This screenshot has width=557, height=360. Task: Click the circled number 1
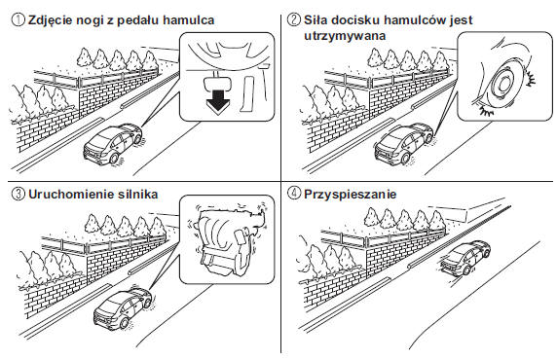click(18, 19)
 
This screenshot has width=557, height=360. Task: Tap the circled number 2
click(293, 19)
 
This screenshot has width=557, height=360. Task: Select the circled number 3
click(18, 195)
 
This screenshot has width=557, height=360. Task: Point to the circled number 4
click(293, 195)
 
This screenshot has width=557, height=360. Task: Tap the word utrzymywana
click(345, 36)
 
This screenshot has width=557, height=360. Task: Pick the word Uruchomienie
click(70, 195)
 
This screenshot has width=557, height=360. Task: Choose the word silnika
click(136, 195)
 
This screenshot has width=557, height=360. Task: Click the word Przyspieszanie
click(350, 195)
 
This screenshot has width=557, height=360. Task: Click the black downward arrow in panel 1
click(218, 102)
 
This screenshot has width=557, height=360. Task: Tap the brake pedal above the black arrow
click(216, 83)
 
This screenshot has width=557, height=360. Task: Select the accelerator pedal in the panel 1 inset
click(245, 93)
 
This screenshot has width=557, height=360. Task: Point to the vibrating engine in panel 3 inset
click(227, 237)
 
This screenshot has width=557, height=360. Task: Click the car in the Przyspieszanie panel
click(465, 259)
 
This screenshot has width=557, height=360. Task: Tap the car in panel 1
click(112, 144)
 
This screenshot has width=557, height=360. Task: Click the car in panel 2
click(403, 144)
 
